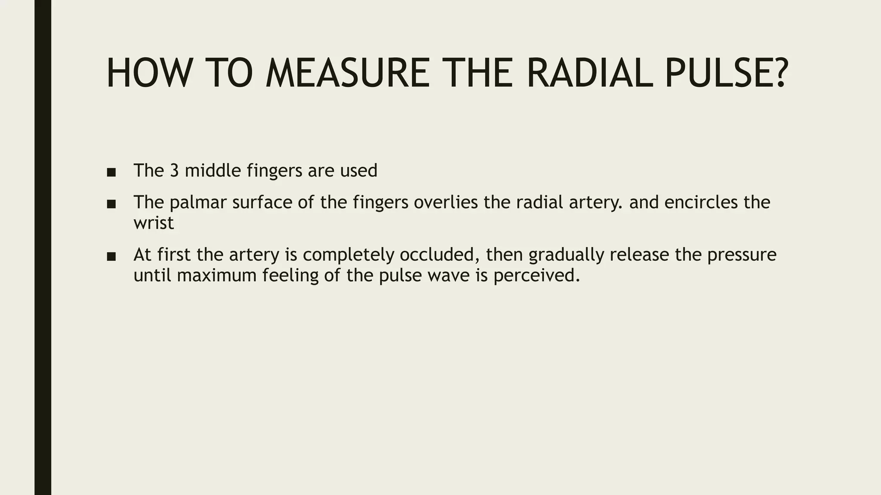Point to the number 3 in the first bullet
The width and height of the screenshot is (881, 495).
pos(174,171)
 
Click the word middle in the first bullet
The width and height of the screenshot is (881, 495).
pos(213,171)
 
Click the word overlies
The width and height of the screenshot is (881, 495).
pos(445,202)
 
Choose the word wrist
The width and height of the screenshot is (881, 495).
pos(154,223)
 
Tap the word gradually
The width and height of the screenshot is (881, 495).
pos(566,255)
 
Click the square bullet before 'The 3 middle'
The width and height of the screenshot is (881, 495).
pos(111,172)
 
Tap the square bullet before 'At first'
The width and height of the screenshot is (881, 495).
pos(111,257)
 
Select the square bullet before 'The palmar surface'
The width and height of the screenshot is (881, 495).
pos(111,204)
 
